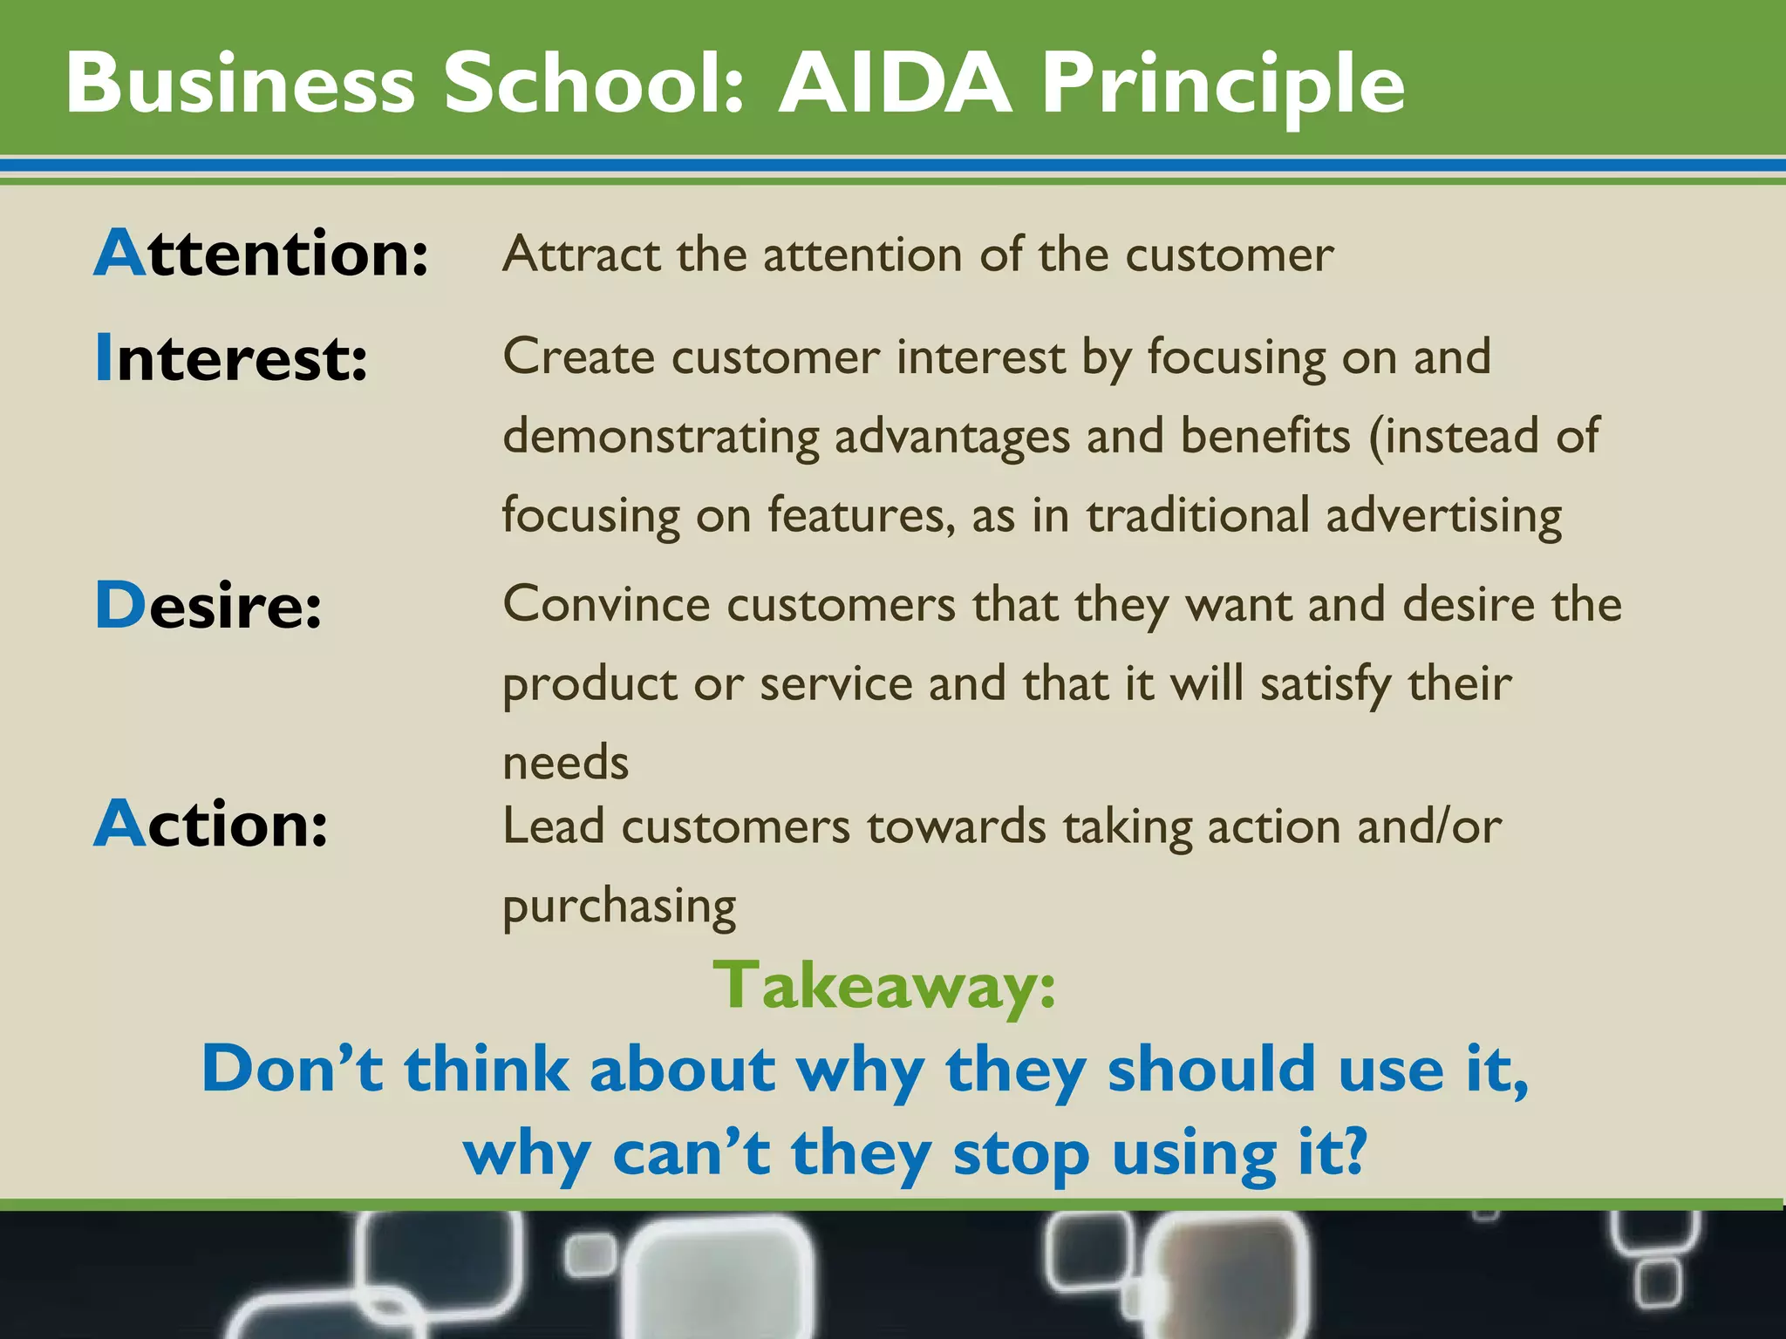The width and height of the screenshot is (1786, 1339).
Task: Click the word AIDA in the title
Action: point(896,84)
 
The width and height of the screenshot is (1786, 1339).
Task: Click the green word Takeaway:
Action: point(884,986)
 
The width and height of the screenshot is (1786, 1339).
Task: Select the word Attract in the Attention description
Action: point(581,255)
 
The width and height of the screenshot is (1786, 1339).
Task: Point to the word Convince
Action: point(606,604)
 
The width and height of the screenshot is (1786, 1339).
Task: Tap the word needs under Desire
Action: point(565,763)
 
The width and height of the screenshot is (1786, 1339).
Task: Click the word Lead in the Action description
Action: point(553,826)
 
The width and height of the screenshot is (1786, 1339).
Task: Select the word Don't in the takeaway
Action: point(292,1069)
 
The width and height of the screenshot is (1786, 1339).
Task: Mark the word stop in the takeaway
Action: point(1020,1153)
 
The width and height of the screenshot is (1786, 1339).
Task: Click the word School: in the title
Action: point(596,84)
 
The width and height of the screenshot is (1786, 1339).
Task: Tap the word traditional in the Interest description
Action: point(1197,515)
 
